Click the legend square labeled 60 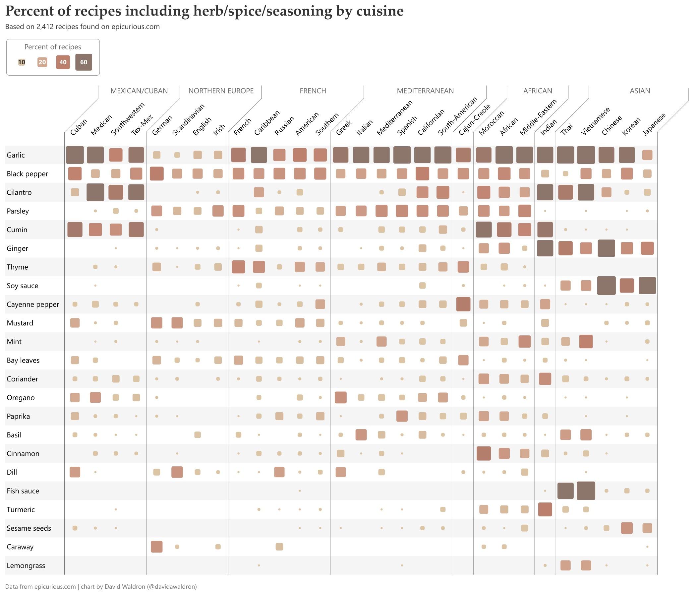[84, 62]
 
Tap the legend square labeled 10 [22, 62]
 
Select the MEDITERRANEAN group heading [425, 91]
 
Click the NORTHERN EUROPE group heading [221, 91]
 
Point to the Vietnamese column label [596, 121]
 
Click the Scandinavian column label [188, 120]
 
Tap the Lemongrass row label [26, 565]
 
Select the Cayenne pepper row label [33, 304]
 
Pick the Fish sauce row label [23, 491]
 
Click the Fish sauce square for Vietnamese [586, 491]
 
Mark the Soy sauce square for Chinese [606, 286]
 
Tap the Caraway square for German [156, 547]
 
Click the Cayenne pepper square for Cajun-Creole [463, 304]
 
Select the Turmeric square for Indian [545, 509]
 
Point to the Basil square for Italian [361, 435]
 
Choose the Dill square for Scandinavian [177, 472]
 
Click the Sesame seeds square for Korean [627, 528]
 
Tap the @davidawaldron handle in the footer [172, 586]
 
